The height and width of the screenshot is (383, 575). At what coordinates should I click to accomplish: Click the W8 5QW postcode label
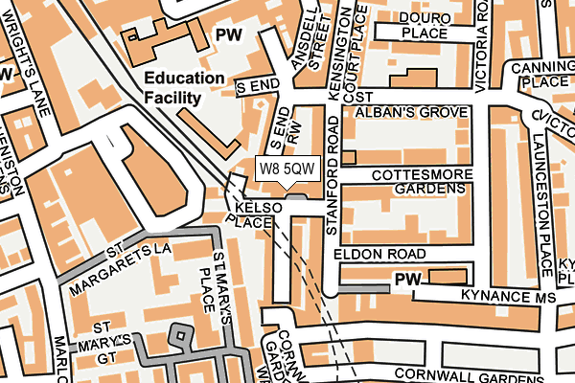(x=286, y=169)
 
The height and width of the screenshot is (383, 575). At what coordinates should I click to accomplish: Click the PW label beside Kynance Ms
(x=407, y=279)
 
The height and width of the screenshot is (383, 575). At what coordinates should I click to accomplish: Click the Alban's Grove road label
(x=412, y=112)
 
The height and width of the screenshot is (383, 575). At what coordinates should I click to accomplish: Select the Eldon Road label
(x=379, y=254)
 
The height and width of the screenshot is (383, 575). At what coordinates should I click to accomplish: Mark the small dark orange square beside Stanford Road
(x=348, y=156)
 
